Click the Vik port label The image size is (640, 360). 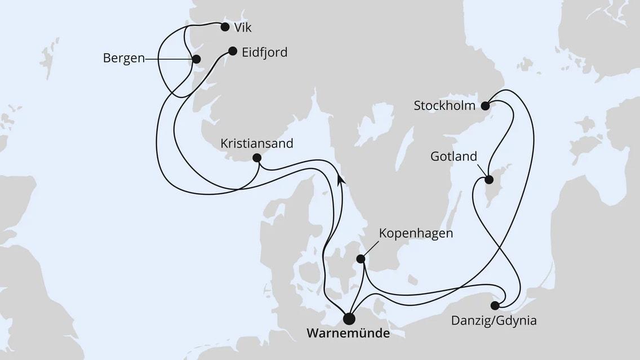[243, 27]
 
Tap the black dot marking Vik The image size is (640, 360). [225, 26]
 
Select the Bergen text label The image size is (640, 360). [123, 58]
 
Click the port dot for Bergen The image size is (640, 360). [196, 59]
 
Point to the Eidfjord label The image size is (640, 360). [265, 52]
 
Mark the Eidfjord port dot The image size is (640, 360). [232, 51]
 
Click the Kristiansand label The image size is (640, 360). [257, 143]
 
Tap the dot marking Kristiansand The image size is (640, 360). [257, 158]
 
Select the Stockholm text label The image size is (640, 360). [445, 105]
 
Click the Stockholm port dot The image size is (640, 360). [486, 104]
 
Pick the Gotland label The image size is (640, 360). [454, 156]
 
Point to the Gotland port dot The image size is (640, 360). [489, 180]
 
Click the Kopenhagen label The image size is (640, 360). [416, 233]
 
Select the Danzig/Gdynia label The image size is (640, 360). [494, 321]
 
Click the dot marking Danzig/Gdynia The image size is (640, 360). [495, 306]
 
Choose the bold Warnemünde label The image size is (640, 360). [348, 334]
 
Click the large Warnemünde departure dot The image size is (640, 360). [349, 319]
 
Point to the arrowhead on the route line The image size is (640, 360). [340, 179]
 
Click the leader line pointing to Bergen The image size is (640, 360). [169, 59]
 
